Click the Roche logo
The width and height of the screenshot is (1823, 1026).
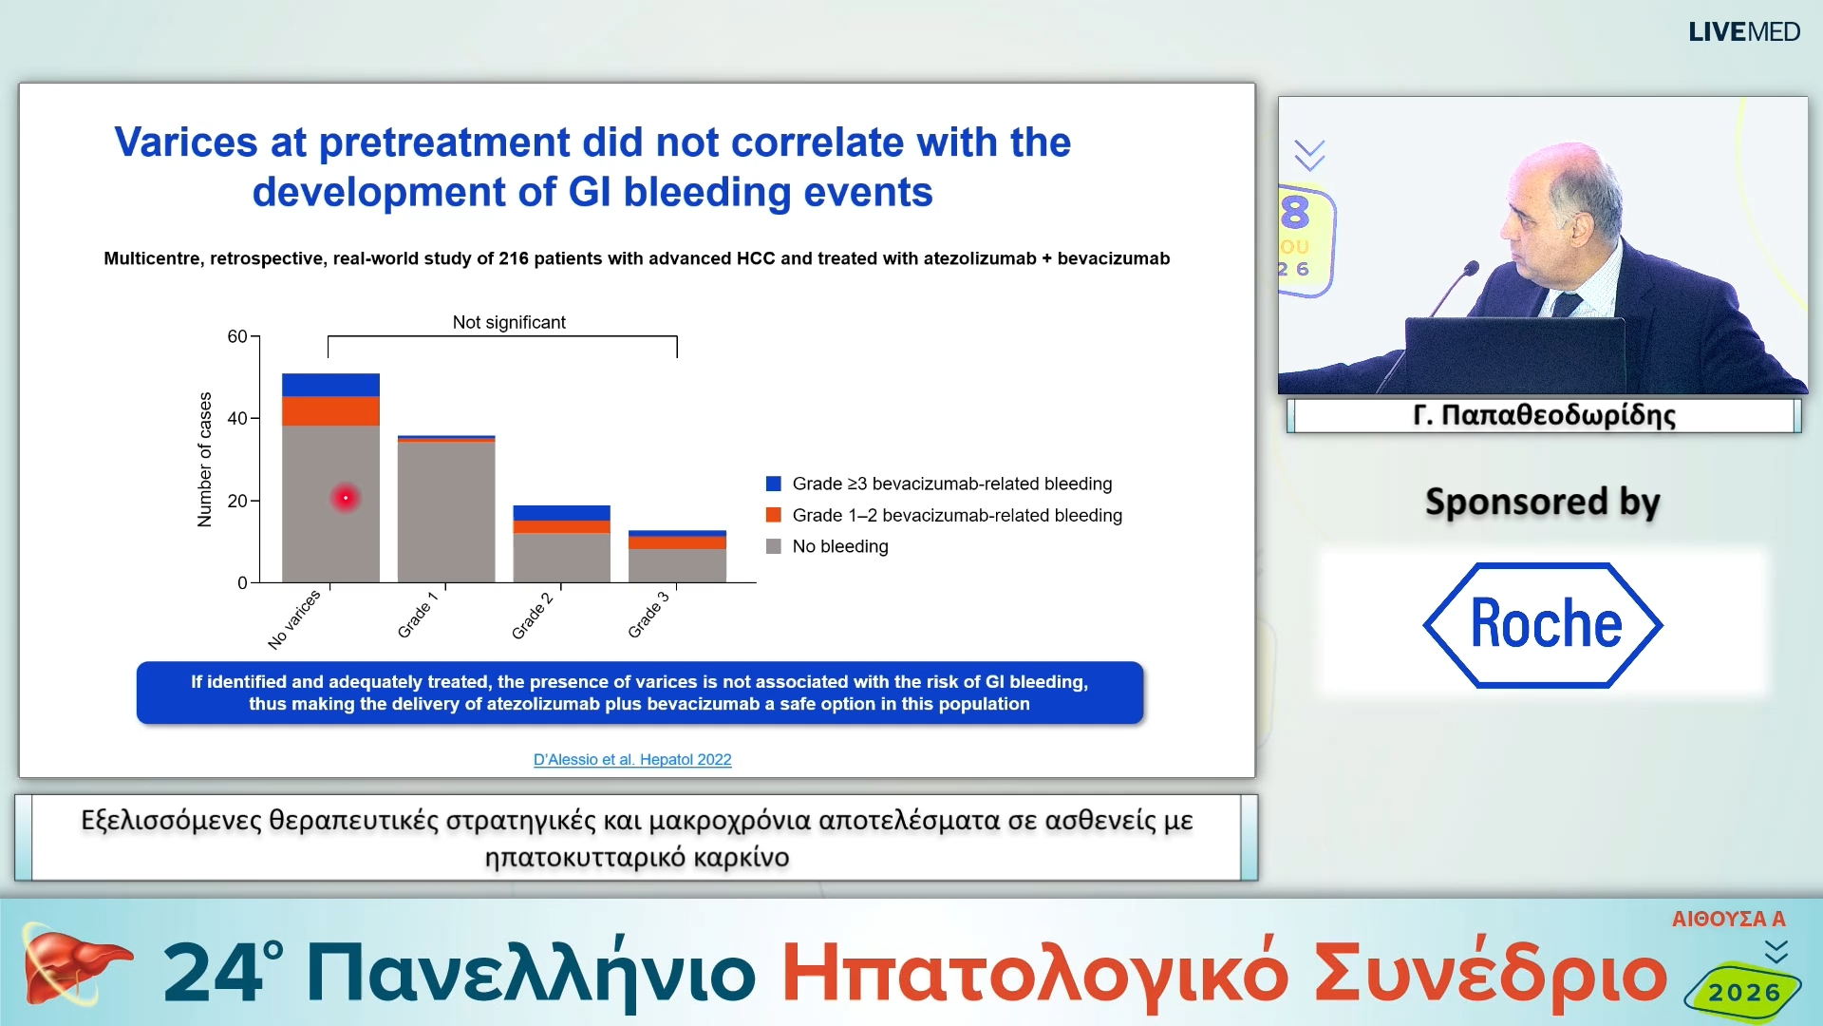pyautogui.click(x=1543, y=624)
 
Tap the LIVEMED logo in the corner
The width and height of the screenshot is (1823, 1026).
pyautogui.click(x=1743, y=31)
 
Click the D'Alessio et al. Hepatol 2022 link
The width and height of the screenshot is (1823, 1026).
pyautogui.click(x=632, y=759)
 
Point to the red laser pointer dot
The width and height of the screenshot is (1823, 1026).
pyautogui.click(x=346, y=498)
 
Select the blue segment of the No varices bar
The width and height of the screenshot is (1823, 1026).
pyautogui.click(x=330, y=385)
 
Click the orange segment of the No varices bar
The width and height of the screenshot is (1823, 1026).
pyautogui.click(x=330, y=411)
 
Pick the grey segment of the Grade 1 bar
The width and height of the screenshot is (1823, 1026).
pyautogui.click(x=446, y=513)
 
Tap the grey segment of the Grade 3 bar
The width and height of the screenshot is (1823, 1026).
pyautogui.click(x=677, y=565)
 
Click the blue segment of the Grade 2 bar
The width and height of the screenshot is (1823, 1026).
pyautogui.click(x=561, y=513)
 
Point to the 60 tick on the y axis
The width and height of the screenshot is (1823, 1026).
pyautogui.click(x=237, y=336)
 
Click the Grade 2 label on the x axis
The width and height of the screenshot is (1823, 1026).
pyautogui.click(x=533, y=615)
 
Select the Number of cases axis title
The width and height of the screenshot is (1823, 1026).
pyautogui.click(x=204, y=459)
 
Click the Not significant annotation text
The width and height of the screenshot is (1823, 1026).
pyautogui.click(x=509, y=322)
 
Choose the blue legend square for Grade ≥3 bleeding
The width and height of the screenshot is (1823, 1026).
pyautogui.click(x=774, y=484)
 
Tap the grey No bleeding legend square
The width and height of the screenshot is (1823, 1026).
pyautogui.click(x=774, y=546)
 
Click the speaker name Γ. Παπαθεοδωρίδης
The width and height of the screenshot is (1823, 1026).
pyautogui.click(x=1544, y=415)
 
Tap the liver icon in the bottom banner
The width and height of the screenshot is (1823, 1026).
pyautogui.click(x=71, y=967)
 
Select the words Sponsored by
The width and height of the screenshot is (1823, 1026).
pyautogui.click(x=1542, y=502)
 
